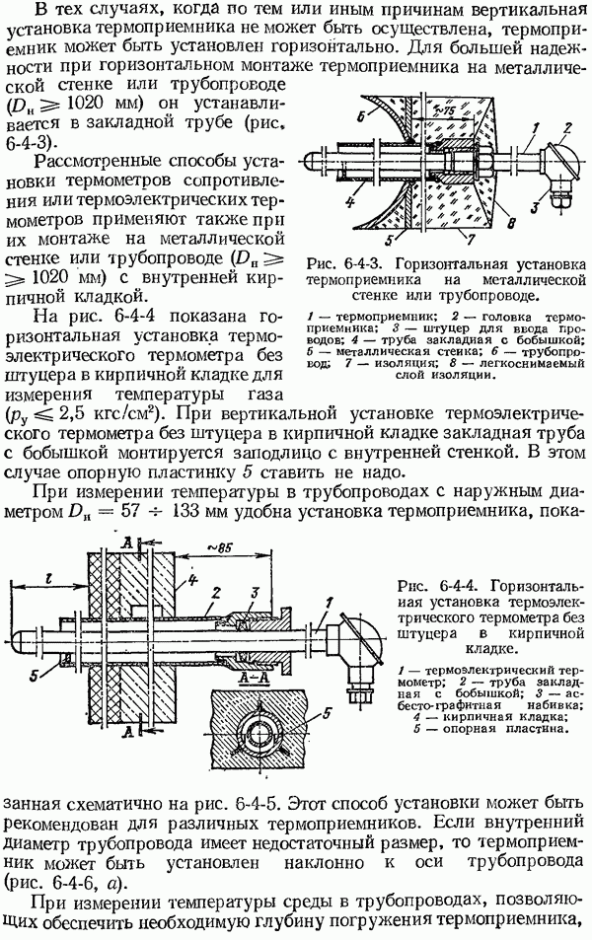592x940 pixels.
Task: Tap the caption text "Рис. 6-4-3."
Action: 343,264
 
